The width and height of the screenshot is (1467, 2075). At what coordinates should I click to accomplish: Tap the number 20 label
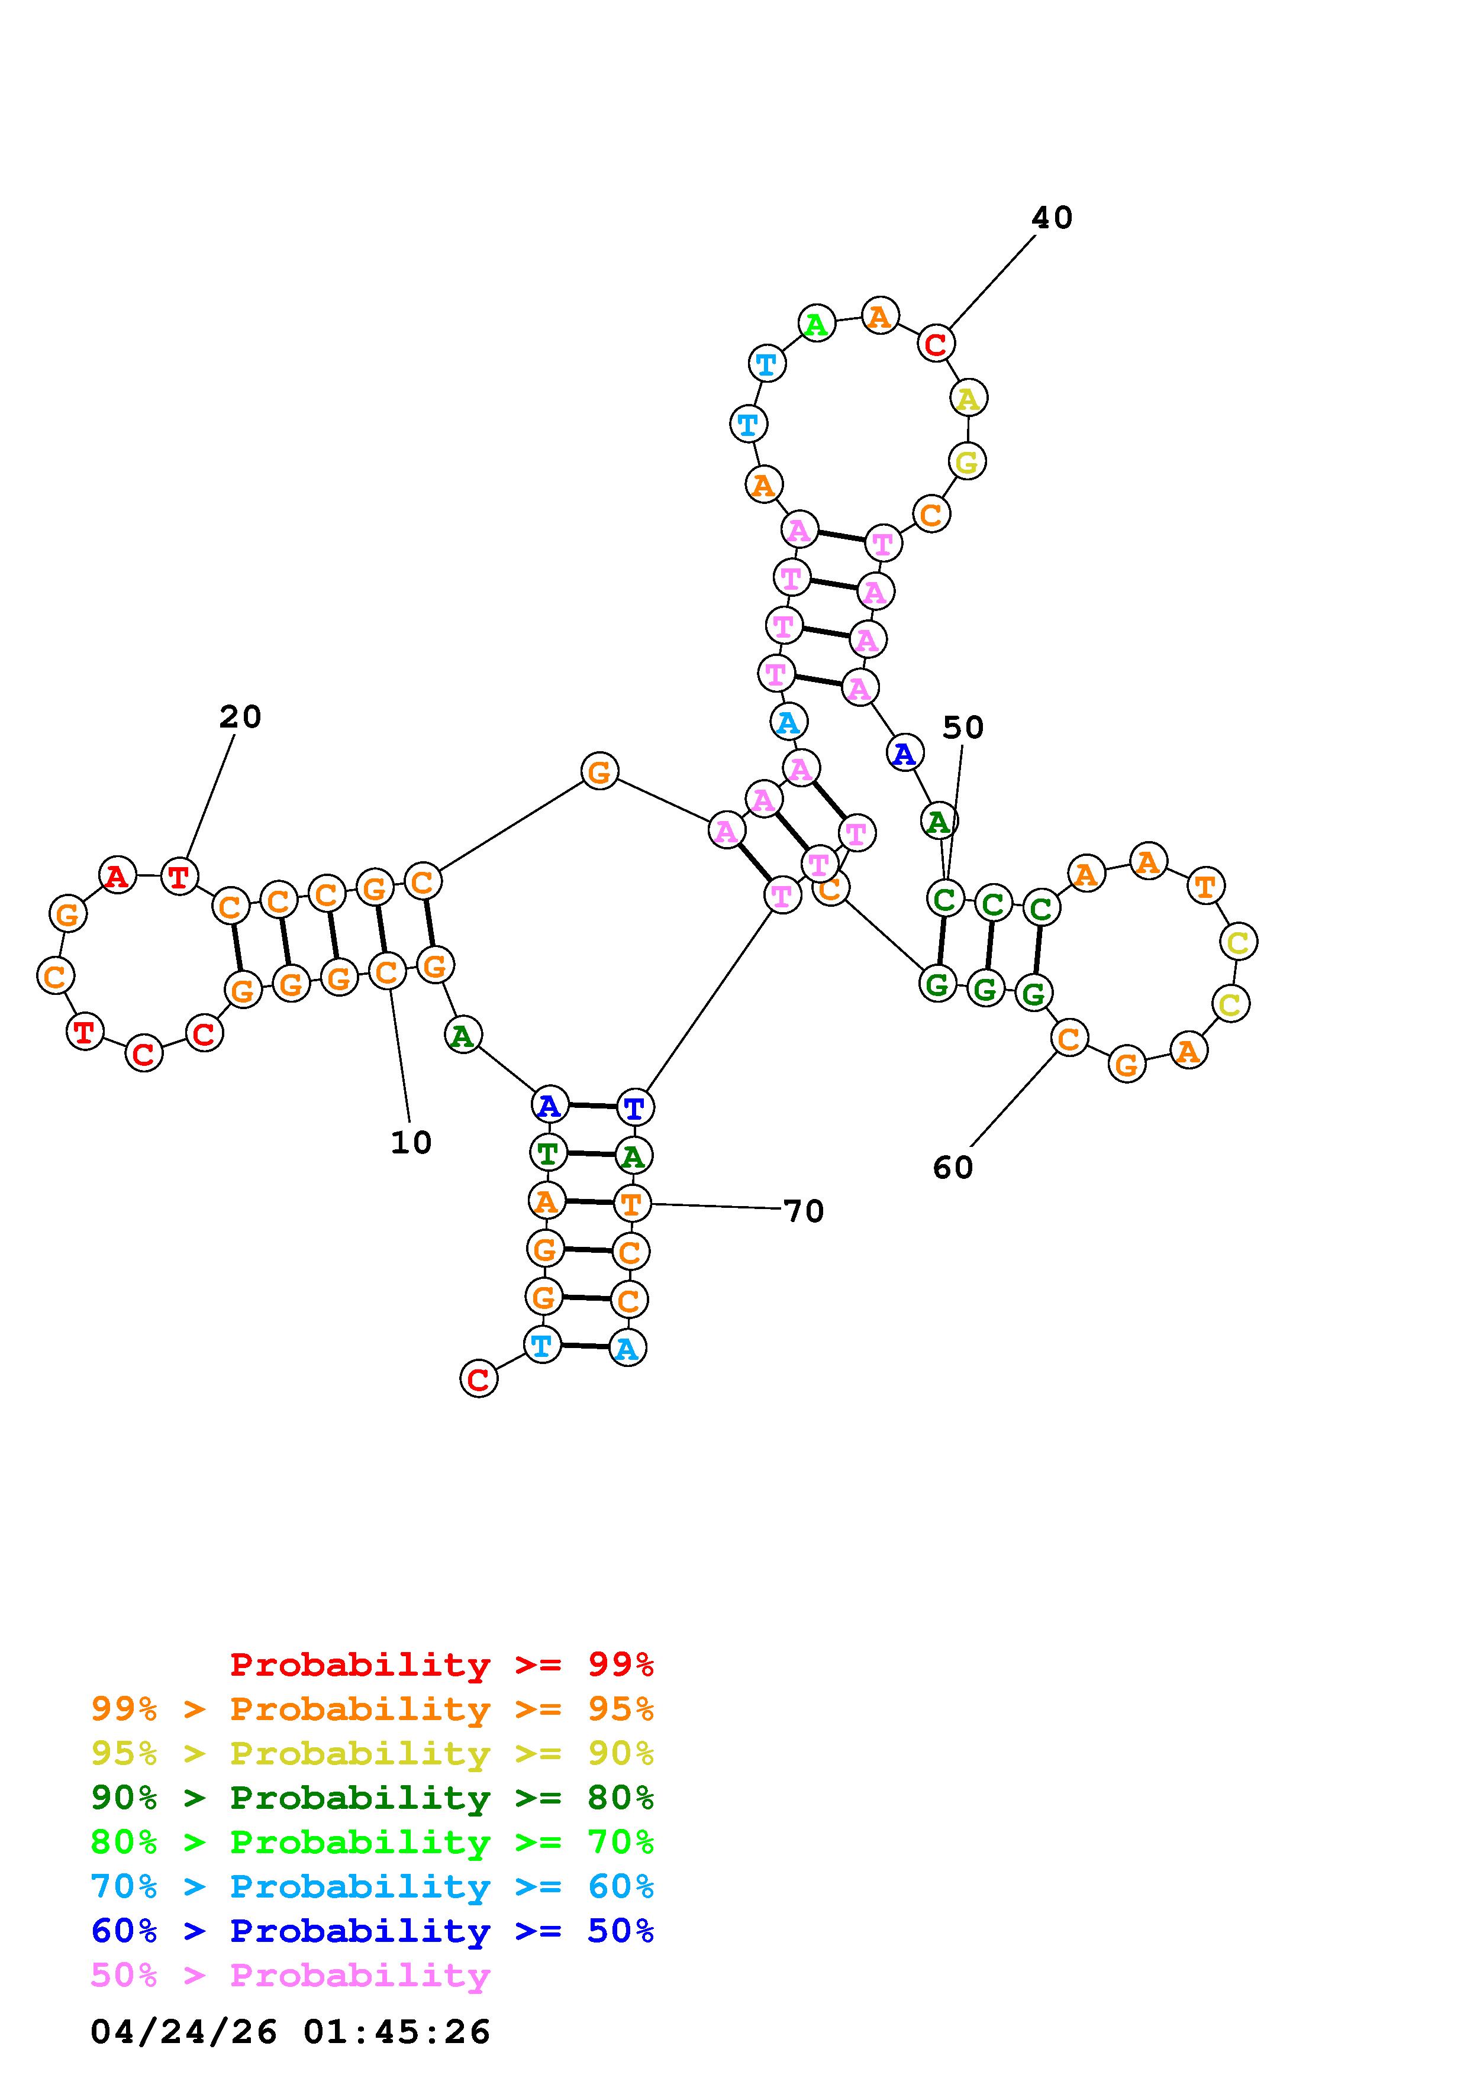coord(240,717)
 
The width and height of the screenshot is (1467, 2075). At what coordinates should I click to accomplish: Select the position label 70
coord(804,1211)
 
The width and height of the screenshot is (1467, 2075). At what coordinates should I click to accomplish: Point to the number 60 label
coord(953,1168)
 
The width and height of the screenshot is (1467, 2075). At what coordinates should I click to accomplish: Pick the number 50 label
coord(963,728)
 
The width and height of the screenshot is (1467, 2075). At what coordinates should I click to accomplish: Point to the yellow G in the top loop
coord(966,462)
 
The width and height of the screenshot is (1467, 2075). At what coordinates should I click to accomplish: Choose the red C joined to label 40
coord(936,344)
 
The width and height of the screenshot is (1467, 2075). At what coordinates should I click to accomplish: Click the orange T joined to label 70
coord(631,1204)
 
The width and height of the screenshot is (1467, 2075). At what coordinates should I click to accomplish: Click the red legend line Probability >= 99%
coord(441,1664)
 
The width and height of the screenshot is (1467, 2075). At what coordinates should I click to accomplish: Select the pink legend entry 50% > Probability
coord(290,1976)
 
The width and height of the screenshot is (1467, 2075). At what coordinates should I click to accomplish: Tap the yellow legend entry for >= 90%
coord(372,1753)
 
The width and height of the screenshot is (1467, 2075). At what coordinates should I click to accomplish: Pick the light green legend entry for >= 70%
coord(372,1842)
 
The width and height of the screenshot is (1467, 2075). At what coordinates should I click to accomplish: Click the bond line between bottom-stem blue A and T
coord(592,1106)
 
